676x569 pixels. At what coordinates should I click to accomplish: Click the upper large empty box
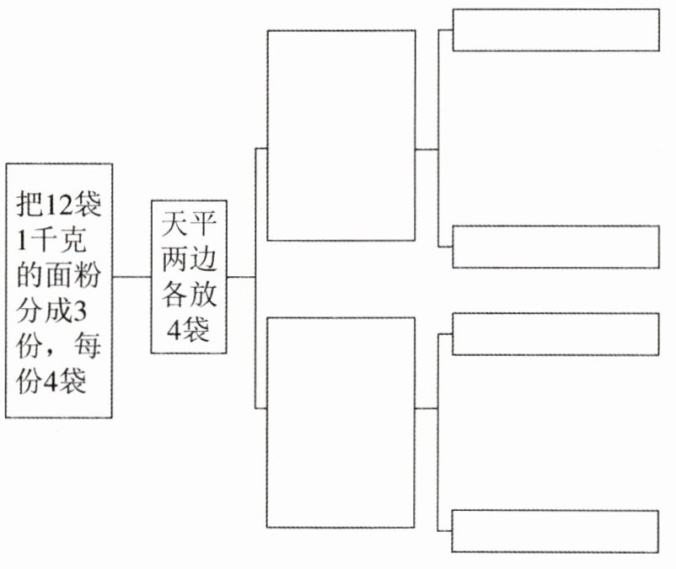[341, 136]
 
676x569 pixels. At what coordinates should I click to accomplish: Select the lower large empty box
[341, 423]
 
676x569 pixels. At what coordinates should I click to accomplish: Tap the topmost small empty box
[555, 30]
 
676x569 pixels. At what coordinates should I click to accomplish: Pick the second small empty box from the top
[555, 247]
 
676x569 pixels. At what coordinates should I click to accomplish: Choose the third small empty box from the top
[555, 333]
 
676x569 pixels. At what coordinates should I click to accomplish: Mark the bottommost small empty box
[555, 530]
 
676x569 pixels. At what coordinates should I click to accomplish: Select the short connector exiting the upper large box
[427, 149]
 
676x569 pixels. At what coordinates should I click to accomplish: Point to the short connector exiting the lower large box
[427, 408]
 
